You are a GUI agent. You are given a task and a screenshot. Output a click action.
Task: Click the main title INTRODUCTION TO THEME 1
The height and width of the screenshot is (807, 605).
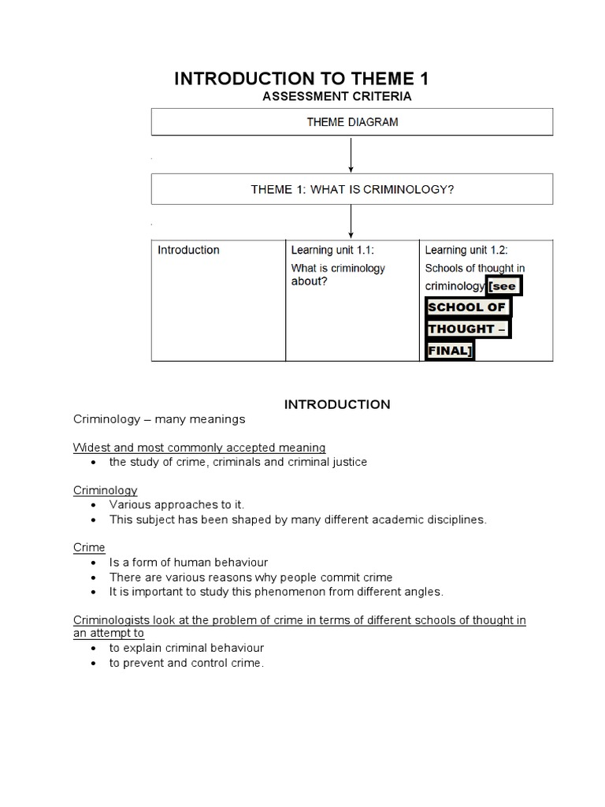coord(301,78)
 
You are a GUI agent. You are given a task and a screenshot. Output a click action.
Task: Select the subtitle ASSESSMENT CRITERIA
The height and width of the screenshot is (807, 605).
coord(336,96)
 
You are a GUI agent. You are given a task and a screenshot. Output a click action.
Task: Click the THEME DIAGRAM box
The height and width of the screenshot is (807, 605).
coord(352,122)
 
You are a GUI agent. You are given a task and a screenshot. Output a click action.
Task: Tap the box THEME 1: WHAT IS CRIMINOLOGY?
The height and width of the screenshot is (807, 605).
coord(352,189)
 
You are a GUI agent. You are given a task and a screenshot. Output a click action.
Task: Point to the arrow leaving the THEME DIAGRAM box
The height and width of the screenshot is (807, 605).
coord(351,154)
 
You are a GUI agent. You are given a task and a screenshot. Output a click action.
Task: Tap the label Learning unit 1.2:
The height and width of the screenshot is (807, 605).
coord(466,250)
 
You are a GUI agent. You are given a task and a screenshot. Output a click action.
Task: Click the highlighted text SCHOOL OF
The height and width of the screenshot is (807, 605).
coord(466,307)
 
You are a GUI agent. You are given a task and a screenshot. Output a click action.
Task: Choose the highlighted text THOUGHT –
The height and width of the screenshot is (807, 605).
coord(467,329)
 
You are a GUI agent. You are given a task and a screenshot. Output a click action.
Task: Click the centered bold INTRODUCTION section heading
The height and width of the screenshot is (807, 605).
coord(336,404)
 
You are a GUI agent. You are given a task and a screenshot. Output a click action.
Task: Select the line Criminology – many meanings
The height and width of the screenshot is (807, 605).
coord(159,419)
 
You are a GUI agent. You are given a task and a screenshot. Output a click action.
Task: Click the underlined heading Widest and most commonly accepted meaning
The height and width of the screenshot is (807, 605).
coord(199,448)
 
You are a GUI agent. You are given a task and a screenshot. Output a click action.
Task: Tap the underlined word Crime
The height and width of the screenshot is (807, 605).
coord(89,547)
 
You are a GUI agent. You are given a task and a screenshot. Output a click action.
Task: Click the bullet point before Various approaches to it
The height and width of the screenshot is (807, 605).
coord(95,504)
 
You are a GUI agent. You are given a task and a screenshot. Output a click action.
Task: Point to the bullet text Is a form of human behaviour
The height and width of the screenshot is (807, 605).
coord(188,562)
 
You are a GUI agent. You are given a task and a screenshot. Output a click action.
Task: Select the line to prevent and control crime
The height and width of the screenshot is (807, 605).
coord(187,663)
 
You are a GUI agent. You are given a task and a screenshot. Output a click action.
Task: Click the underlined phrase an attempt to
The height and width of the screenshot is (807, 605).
coord(109,634)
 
